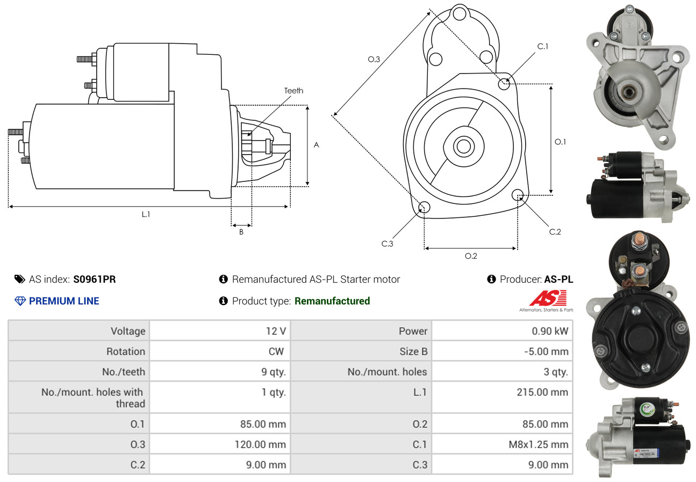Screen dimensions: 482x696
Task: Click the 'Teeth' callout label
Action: point(293,91)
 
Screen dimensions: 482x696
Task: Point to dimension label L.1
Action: point(146,214)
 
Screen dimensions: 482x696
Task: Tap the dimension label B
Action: point(241,232)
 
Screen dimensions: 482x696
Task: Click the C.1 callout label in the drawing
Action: point(543,46)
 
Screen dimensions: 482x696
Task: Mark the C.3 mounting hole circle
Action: point(424,207)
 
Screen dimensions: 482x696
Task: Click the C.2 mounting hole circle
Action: point(518,194)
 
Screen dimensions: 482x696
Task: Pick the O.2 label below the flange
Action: point(471,256)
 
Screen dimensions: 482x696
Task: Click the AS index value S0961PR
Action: point(95,279)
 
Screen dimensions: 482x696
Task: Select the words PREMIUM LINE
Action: point(64,301)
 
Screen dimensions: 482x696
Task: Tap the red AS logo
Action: point(548,298)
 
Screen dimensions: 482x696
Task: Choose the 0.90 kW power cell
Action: point(550,331)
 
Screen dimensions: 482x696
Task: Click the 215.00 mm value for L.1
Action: point(542,392)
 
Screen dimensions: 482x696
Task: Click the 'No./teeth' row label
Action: point(124,372)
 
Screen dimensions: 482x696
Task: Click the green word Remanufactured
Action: point(332,301)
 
